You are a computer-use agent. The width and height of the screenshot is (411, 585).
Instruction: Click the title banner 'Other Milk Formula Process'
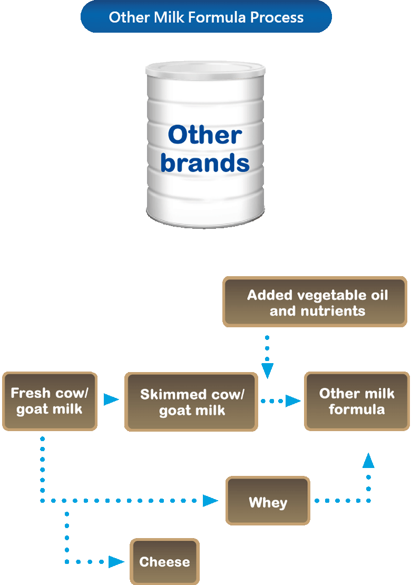[206, 17]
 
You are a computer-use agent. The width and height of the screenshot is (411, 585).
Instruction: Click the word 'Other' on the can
[205, 135]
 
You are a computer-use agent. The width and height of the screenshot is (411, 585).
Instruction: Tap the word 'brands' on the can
[205, 163]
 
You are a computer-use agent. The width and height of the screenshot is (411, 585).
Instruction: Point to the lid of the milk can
[205, 70]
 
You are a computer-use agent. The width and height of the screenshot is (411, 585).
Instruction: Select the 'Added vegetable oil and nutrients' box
[315, 302]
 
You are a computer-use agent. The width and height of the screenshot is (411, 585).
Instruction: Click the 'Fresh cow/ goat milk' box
[50, 401]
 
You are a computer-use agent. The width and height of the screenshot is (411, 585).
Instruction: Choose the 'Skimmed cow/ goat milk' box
[191, 402]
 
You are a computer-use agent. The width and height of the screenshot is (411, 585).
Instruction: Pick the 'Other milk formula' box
[357, 401]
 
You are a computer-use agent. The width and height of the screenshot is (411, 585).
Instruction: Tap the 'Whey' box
[268, 501]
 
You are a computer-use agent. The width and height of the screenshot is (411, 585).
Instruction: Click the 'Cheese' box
[164, 561]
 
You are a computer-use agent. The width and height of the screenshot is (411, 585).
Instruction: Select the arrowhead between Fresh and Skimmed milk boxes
[111, 399]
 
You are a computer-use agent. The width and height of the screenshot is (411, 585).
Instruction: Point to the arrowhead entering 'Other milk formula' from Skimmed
[293, 401]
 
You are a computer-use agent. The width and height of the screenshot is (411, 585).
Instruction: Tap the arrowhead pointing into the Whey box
[210, 501]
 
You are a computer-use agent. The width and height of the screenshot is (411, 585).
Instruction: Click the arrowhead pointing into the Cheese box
[116, 561]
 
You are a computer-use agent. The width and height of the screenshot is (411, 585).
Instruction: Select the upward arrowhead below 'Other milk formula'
[368, 460]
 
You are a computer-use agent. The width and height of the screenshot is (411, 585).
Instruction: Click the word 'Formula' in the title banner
[217, 17]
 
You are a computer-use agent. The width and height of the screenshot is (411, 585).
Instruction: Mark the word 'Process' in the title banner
[277, 17]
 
